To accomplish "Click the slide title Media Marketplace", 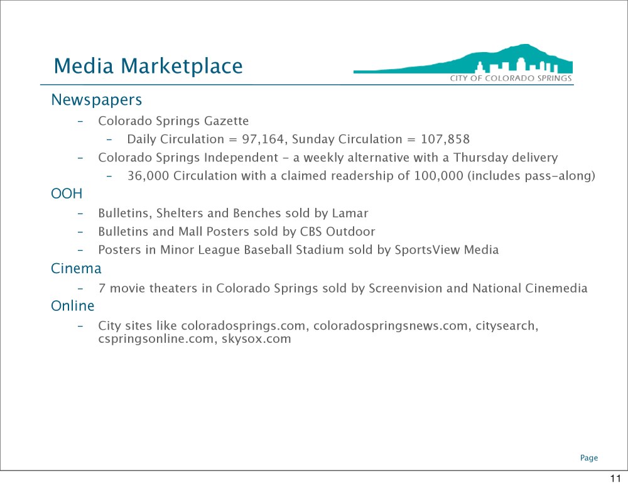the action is tap(148, 66).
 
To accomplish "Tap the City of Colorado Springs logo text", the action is tap(511, 78).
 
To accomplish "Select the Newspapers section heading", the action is tap(97, 100).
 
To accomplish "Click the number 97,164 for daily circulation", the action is tap(263, 139).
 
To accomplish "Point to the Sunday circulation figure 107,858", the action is tap(445, 139).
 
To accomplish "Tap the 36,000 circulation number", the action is tap(148, 176).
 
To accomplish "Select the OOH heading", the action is tap(67, 194).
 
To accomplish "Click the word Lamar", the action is tap(350, 213).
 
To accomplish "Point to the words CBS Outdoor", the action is tap(338, 232).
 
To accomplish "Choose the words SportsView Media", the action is tap(447, 250).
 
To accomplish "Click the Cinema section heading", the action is tap(76, 268).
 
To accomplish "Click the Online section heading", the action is tap(72, 306).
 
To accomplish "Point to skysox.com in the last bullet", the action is tap(256, 339).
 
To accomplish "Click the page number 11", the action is tap(615, 479).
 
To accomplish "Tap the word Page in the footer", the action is tap(589, 458).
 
